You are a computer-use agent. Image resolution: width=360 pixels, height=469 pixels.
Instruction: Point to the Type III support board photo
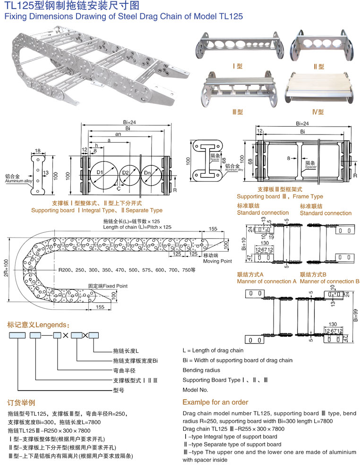240,90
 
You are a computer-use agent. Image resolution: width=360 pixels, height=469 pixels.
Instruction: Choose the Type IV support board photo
321,88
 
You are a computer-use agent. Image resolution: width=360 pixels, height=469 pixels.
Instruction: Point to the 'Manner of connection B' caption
329,281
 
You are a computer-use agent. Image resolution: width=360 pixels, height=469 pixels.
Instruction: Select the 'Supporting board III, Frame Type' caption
280,196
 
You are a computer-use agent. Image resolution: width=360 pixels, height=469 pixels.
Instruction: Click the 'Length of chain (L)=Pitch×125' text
137,227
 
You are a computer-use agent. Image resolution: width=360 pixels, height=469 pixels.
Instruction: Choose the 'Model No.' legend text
195,390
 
